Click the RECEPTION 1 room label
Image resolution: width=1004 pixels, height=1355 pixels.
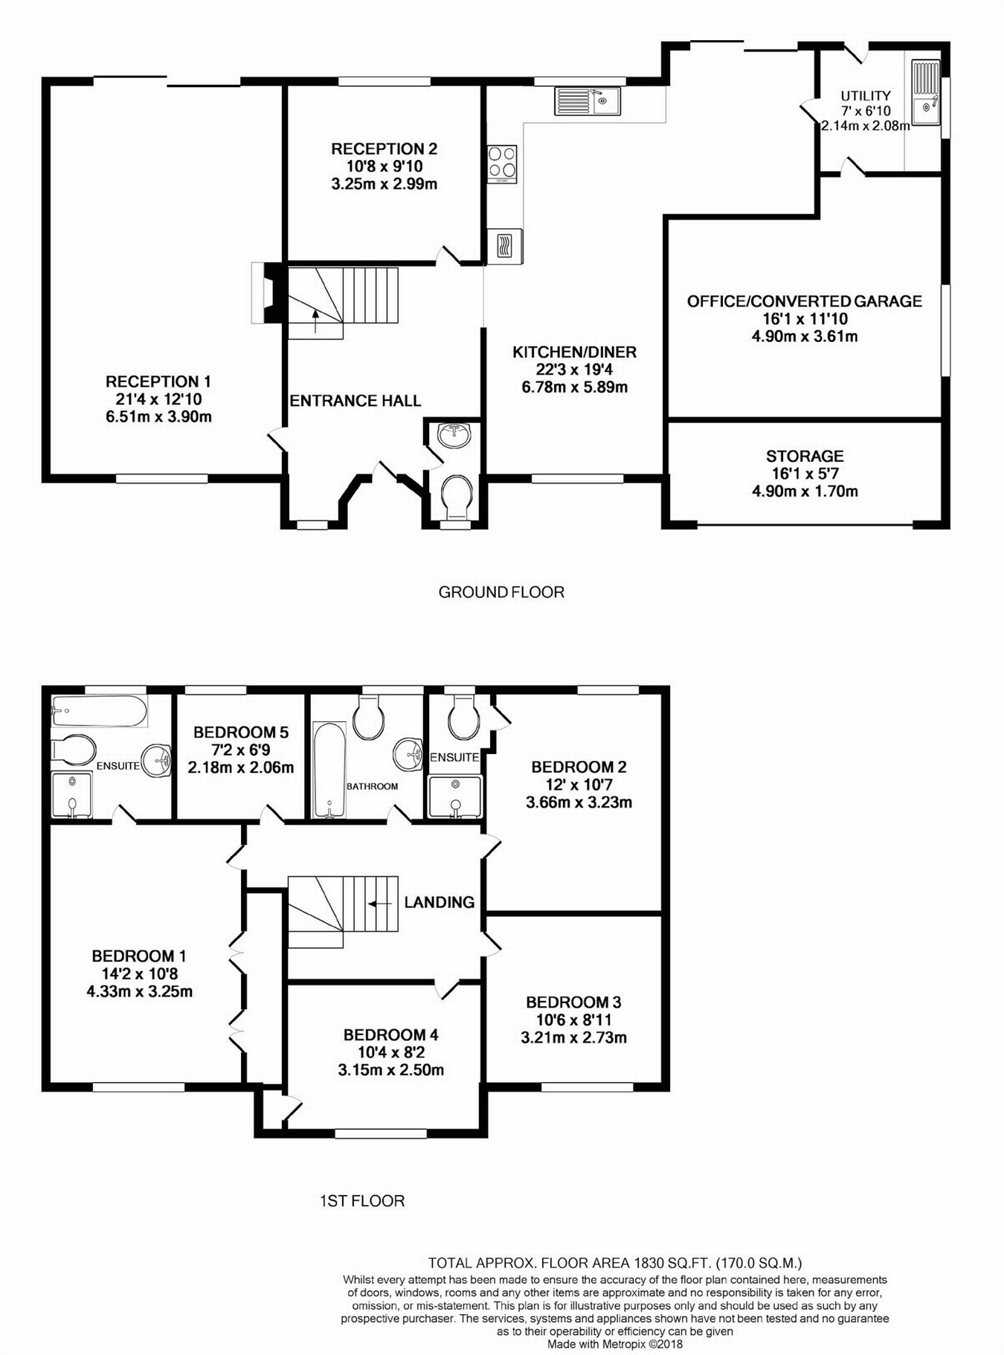click(x=158, y=382)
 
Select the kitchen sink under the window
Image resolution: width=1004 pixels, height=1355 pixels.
click(x=587, y=101)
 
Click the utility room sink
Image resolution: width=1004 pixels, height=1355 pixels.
click(x=926, y=92)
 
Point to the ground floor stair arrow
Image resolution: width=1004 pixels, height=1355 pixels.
click(x=316, y=321)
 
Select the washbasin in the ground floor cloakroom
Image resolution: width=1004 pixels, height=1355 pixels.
click(x=454, y=435)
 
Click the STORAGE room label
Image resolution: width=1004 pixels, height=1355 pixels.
click(x=805, y=456)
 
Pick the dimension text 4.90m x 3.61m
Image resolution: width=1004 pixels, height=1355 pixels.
click(x=805, y=336)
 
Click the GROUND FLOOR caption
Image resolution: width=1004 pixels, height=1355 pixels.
click(x=501, y=592)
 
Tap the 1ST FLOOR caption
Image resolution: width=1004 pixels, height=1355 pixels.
click(x=362, y=1200)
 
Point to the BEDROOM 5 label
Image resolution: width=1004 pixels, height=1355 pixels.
click(x=240, y=732)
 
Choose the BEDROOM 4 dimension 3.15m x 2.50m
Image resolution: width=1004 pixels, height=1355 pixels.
click(x=390, y=1070)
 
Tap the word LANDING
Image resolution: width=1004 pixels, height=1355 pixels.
click(x=439, y=902)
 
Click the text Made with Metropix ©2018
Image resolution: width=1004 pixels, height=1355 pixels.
click(x=614, y=1344)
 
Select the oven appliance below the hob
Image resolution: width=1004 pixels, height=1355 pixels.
click(x=504, y=245)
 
